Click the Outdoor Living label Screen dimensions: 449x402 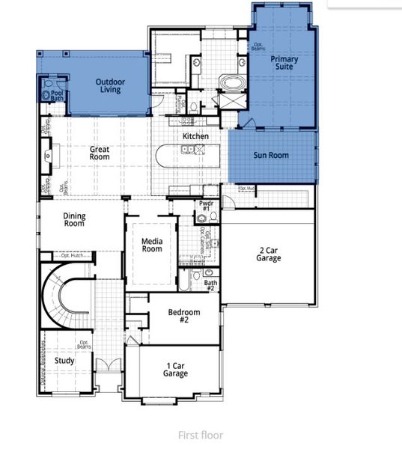[x=110, y=85]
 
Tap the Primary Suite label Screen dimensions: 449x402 [x=284, y=62]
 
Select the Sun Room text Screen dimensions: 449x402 [x=271, y=156]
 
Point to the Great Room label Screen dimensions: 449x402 [x=100, y=153]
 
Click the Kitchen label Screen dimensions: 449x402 [x=195, y=136]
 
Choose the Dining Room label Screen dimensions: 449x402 [x=74, y=220]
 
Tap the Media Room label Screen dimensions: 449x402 [x=152, y=245]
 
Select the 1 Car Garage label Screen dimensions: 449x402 [x=175, y=370]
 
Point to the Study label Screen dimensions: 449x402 [x=64, y=361]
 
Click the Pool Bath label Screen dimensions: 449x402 [x=57, y=96]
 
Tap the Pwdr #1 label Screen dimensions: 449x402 [x=206, y=206]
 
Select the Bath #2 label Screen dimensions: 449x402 [x=210, y=285]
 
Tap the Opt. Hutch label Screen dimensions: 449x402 [x=76, y=256]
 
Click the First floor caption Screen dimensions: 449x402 [x=200, y=435]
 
